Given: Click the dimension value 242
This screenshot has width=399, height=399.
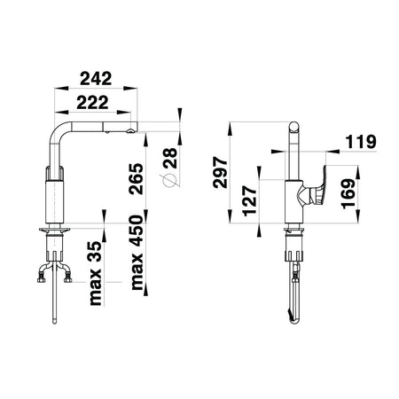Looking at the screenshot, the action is (96, 78).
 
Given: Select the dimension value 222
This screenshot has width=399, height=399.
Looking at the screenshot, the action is (92, 103).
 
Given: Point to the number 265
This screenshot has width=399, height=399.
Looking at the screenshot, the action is (137, 178).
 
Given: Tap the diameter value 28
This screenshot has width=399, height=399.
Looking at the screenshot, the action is (170, 158).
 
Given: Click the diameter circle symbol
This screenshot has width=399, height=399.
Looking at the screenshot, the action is (169, 181).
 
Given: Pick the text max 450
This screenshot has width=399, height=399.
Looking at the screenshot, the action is (137, 253).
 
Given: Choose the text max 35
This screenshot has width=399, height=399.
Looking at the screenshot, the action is (96, 273).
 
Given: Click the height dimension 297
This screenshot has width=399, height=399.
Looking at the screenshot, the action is (221, 173).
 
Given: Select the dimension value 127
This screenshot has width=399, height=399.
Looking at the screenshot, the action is (250, 201).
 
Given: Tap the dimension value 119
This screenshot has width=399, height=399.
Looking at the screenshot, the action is (361, 142).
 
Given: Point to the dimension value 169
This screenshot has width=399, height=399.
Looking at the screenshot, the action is (348, 194).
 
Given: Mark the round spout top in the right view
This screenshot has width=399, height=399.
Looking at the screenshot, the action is (294, 127).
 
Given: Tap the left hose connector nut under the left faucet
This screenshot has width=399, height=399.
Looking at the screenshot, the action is (42, 278).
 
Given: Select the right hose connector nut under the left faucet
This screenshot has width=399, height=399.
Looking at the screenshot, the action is (68, 278).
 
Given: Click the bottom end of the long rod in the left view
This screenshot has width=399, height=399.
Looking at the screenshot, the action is (54, 322).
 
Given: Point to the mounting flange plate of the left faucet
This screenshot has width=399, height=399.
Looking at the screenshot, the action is (54, 230).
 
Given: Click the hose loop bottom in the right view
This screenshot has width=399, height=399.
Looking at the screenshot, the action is (294, 321).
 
